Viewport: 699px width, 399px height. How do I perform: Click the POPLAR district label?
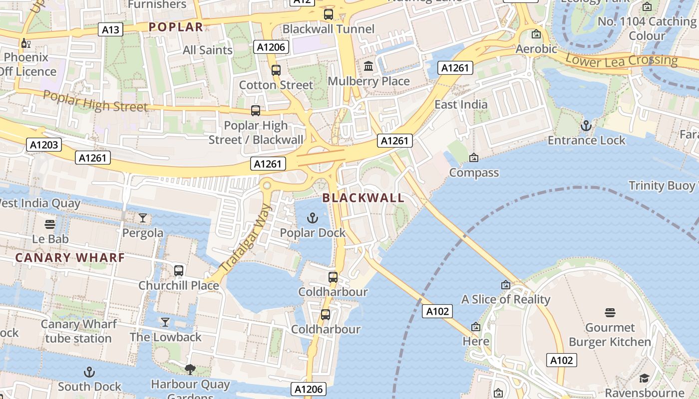point(176,27)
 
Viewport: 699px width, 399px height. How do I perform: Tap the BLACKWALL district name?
point(363,198)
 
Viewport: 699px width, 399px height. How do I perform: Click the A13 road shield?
point(110,30)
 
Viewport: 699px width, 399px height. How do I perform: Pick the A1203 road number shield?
point(44,145)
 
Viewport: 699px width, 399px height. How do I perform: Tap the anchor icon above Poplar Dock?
point(312,218)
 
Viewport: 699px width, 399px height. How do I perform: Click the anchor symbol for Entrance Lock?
point(586,126)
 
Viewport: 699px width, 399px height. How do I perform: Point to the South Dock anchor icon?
point(89,372)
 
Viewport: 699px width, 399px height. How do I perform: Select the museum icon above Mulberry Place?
point(368,66)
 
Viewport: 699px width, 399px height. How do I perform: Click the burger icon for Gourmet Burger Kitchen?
point(610,313)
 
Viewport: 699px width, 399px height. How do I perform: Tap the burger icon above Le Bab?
point(50,224)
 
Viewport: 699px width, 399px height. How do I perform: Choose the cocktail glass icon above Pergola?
point(143,218)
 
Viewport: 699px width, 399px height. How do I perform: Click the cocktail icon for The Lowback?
point(165,322)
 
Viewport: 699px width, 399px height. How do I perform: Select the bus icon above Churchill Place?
point(179,271)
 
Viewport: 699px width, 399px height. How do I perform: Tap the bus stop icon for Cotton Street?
point(276,70)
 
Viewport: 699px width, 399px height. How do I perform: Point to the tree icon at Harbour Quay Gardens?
point(190,370)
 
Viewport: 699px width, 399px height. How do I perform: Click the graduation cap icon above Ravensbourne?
point(644,378)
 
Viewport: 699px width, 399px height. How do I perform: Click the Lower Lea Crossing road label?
point(621,60)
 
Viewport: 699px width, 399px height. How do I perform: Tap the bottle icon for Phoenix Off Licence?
point(25,43)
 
